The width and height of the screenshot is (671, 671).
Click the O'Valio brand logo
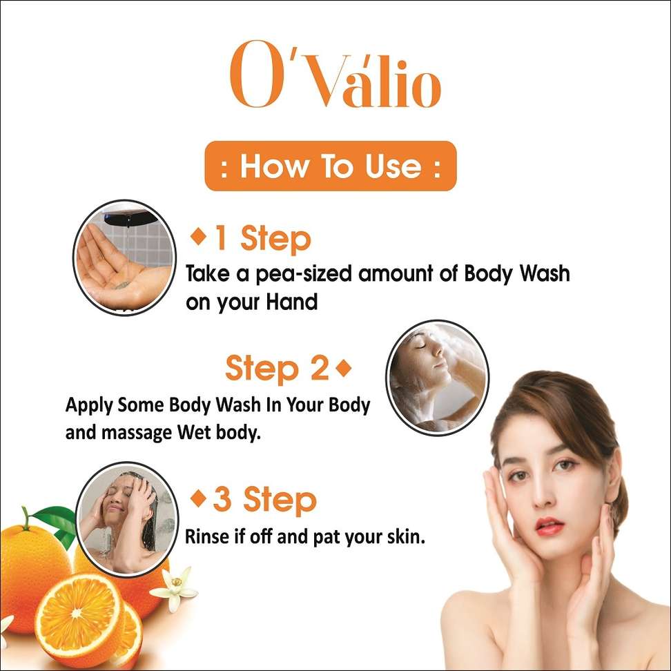click(x=335, y=75)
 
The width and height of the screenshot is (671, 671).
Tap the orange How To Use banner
click(x=331, y=166)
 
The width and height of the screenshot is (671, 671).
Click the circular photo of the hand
click(x=124, y=257)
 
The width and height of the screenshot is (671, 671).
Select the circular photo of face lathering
click(x=438, y=378)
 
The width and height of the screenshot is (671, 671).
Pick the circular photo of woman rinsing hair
click(x=127, y=518)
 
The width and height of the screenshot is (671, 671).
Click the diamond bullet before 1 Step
click(x=199, y=236)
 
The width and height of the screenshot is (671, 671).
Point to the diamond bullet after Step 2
click(x=344, y=368)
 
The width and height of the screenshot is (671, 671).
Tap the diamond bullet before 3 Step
click(x=198, y=498)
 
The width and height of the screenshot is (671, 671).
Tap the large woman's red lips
click(x=549, y=525)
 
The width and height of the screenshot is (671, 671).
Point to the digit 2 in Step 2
click(x=320, y=368)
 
